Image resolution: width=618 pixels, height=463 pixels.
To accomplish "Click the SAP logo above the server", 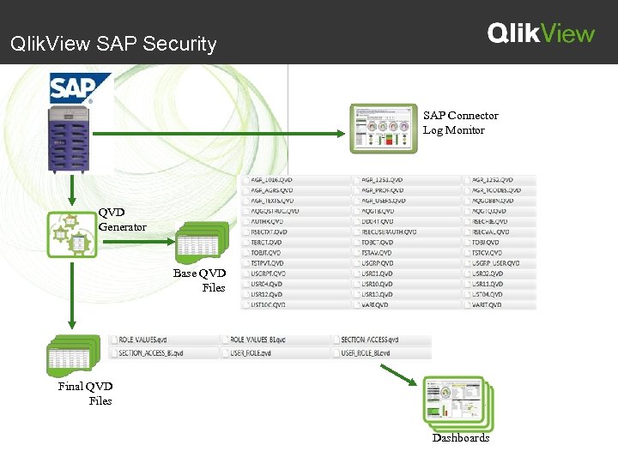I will pyautogui.click(x=81, y=88).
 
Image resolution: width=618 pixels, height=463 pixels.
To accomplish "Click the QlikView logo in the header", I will pyautogui.click(x=541, y=33).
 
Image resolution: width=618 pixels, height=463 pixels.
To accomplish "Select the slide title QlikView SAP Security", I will pyautogui.click(x=113, y=44).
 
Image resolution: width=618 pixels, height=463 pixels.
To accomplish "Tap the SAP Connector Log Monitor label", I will pyautogui.click(x=460, y=123).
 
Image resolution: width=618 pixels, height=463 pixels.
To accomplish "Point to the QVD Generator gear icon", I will pyautogui.click(x=71, y=234).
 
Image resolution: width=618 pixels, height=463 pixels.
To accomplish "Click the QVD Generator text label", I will pyautogui.click(x=122, y=220).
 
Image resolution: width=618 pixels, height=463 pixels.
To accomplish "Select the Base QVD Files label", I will pyautogui.click(x=199, y=280).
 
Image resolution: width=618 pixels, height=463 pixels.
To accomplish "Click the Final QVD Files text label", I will pyautogui.click(x=86, y=394).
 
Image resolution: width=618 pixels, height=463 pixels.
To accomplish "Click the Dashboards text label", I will pyautogui.click(x=461, y=438).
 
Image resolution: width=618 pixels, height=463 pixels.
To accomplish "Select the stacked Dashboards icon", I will pyautogui.click(x=458, y=403).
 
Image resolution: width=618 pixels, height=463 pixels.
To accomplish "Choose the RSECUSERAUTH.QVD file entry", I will pyautogui.click(x=389, y=231).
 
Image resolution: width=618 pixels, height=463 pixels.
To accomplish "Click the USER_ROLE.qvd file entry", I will pyautogui.click(x=250, y=352).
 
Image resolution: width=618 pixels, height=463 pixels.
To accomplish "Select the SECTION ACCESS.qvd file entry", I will pyautogui.click(x=370, y=340).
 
